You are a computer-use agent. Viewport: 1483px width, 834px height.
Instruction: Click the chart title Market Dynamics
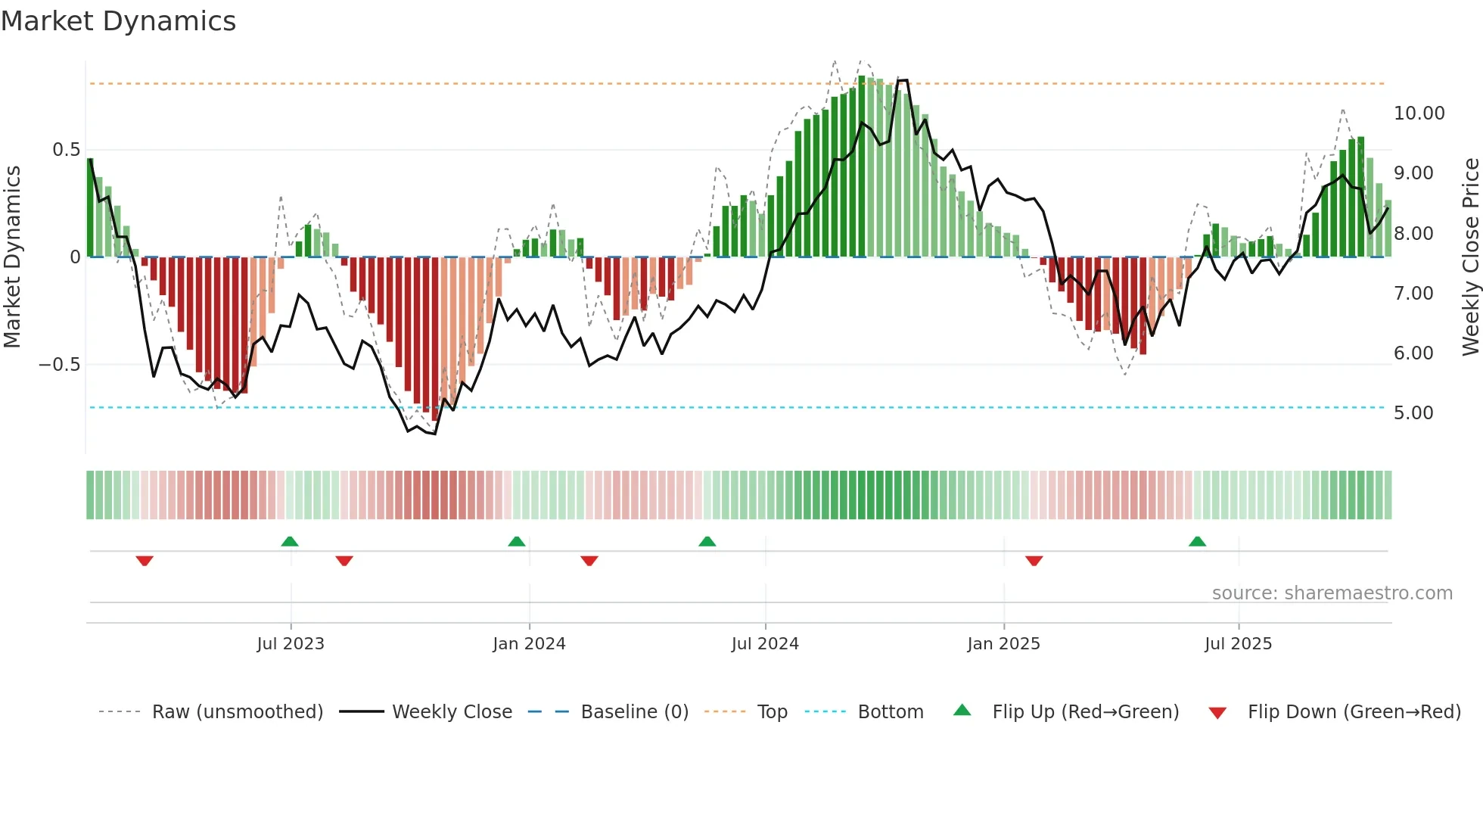(x=119, y=21)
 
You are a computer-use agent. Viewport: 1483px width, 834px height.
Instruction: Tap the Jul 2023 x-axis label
(x=291, y=644)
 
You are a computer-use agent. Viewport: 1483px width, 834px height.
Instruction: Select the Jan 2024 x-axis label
(x=529, y=644)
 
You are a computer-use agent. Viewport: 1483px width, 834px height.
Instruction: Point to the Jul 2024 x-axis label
(x=765, y=644)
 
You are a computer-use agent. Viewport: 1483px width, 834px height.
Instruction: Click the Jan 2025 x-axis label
(x=1003, y=644)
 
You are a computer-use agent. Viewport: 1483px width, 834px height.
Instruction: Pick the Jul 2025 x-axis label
(x=1239, y=644)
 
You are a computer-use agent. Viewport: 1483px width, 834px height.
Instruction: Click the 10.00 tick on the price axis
(x=1419, y=114)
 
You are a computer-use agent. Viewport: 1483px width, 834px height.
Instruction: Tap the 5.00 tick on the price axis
(x=1413, y=413)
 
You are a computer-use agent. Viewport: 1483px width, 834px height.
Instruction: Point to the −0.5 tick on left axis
(x=60, y=365)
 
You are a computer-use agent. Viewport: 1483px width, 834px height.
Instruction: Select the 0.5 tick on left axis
(x=66, y=150)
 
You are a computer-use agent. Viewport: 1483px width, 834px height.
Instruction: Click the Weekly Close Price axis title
(x=1470, y=257)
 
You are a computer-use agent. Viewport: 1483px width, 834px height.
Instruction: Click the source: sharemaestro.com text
(x=1332, y=593)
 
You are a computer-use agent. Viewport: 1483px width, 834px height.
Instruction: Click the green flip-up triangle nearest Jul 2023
(x=290, y=542)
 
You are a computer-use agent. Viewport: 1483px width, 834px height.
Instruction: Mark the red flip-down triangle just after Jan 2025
(x=1034, y=560)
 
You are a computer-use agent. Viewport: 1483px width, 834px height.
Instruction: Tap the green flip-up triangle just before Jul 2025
(x=1197, y=542)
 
